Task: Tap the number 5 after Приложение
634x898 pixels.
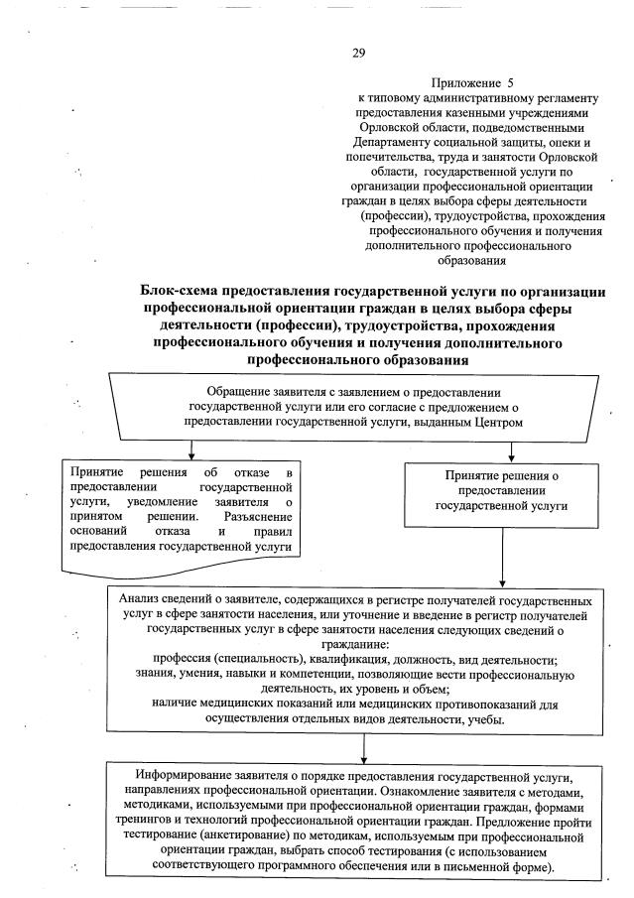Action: point(509,84)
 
